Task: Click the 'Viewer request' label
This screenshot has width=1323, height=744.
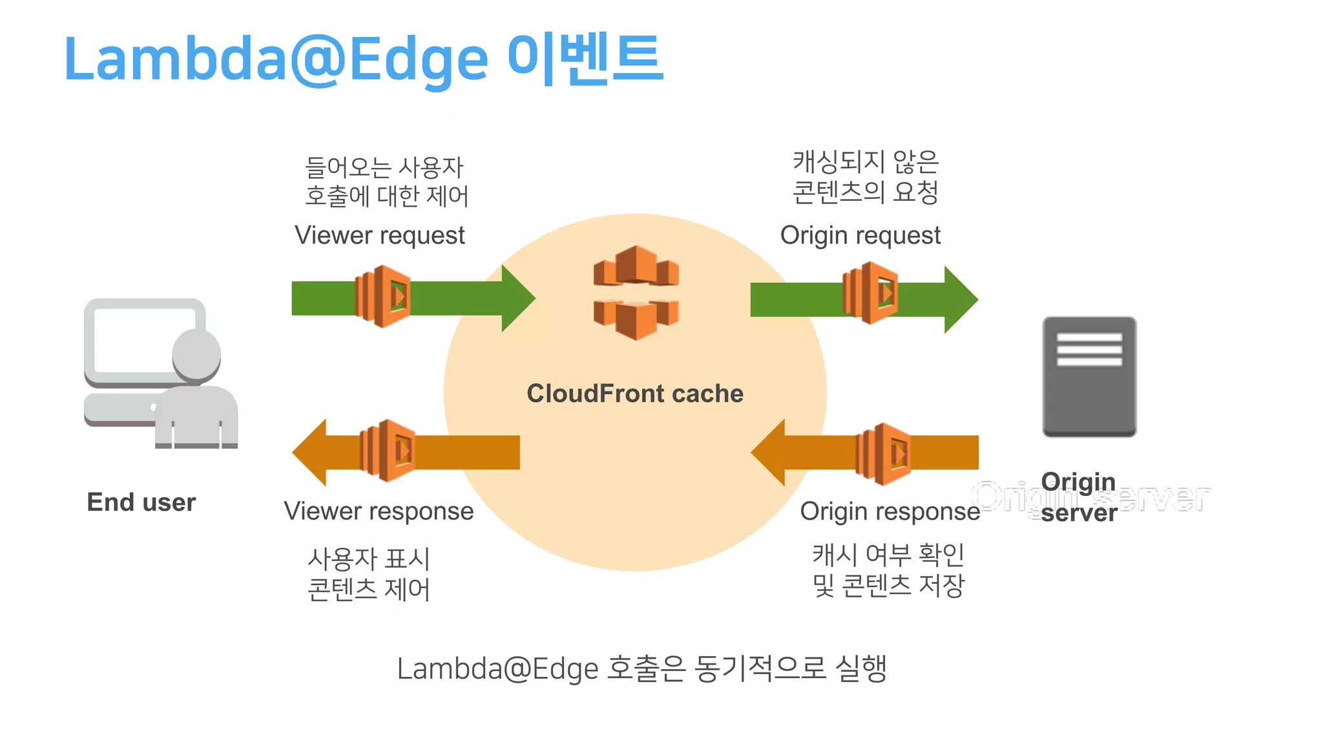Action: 380,236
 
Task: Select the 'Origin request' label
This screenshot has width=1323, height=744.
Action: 860,236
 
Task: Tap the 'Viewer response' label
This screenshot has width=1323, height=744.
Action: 379,512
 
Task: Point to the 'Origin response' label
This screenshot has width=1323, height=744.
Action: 890,512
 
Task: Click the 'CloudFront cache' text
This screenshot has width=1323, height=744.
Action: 635,393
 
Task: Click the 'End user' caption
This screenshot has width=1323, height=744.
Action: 141,502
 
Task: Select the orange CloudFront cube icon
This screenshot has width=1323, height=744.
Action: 636,293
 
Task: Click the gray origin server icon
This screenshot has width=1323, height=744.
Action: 1089,377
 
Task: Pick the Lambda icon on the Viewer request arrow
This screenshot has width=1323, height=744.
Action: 383,296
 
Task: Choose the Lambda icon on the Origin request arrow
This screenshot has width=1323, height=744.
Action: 871,293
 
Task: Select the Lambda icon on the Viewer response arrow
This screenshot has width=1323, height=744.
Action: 387,451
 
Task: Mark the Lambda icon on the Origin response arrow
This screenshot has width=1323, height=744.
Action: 883,454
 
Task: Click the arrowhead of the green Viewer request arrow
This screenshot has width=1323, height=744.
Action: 517,298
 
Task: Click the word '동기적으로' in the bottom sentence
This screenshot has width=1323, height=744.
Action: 760,668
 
